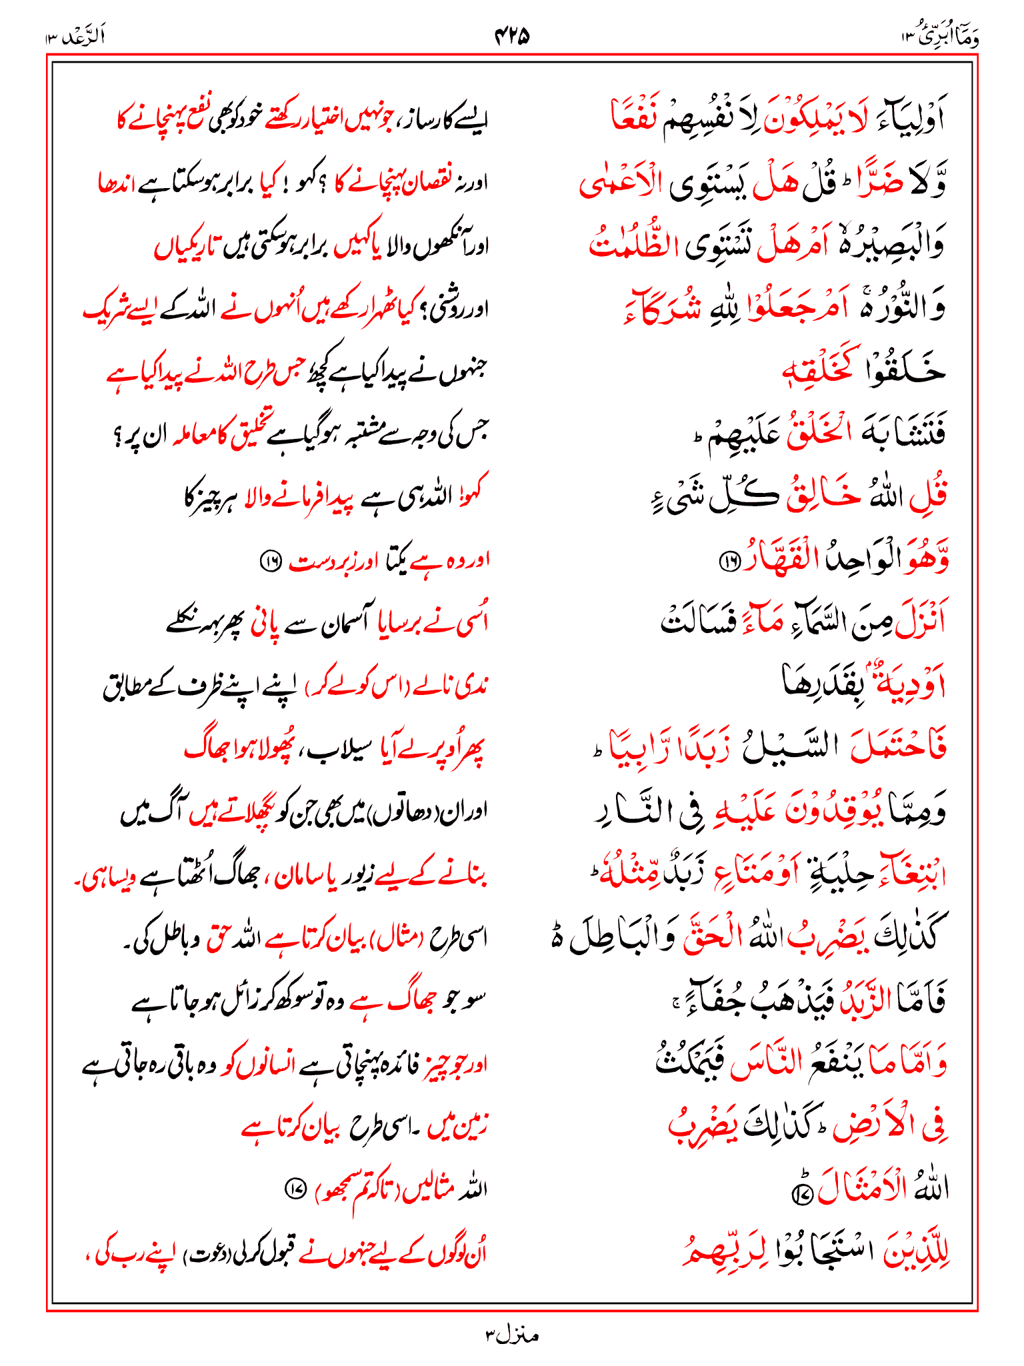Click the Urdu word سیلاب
click(x=339, y=749)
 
